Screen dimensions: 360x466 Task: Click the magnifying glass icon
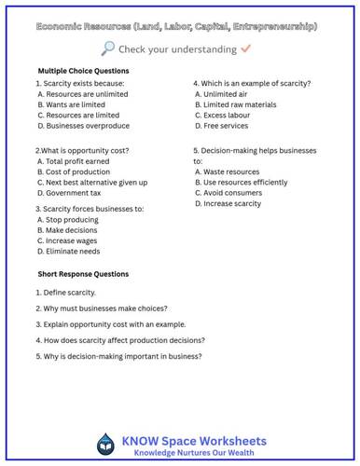pyautogui.click(x=108, y=48)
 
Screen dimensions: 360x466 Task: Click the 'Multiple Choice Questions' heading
pyautogui.click(x=84, y=71)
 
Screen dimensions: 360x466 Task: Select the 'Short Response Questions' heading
pyautogui.click(x=83, y=274)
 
